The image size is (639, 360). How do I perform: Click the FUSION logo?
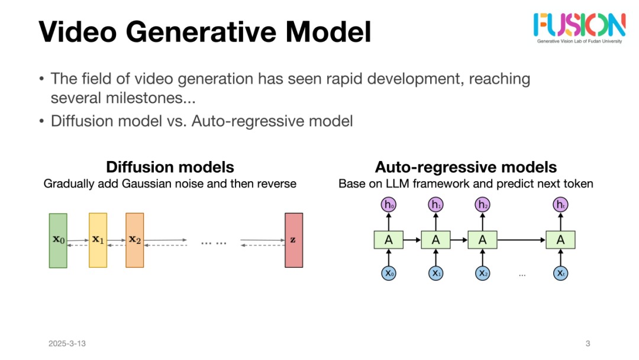[579, 25]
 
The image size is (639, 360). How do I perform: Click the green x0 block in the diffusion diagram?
[58, 240]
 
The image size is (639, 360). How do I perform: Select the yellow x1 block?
[98, 240]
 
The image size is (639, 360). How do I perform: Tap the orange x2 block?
[135, 240]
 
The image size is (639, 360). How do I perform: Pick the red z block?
[293, 240]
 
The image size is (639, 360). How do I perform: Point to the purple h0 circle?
[389, 205]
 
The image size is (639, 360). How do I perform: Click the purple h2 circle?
[483, 205]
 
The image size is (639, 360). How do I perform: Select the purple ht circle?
[560, 205]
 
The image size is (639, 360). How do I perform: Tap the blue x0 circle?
[389, 273]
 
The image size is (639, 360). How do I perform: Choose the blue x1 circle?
[435, 273]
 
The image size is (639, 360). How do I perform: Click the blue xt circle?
[560, 273]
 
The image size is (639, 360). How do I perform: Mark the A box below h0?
[389, 240]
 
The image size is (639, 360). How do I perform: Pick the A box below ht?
[560, 240]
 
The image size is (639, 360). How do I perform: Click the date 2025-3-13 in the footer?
[67, 343]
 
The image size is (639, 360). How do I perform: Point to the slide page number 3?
[588, 343]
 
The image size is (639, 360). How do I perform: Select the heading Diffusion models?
[170, 167]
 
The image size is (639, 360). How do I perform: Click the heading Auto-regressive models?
[466, 167]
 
